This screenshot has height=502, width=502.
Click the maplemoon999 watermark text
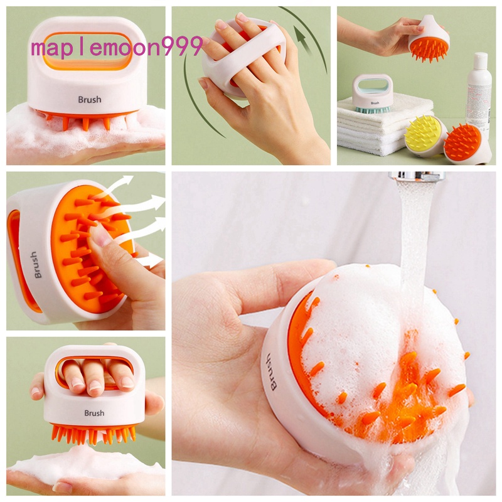117,48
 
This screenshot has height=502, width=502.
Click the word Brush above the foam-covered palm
89,99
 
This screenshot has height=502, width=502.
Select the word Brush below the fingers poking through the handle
94,413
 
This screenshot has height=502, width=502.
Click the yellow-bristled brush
424,133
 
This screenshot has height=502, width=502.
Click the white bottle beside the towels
479,94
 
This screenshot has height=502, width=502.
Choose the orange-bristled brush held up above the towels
429,43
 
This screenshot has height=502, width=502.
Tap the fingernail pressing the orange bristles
101,235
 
